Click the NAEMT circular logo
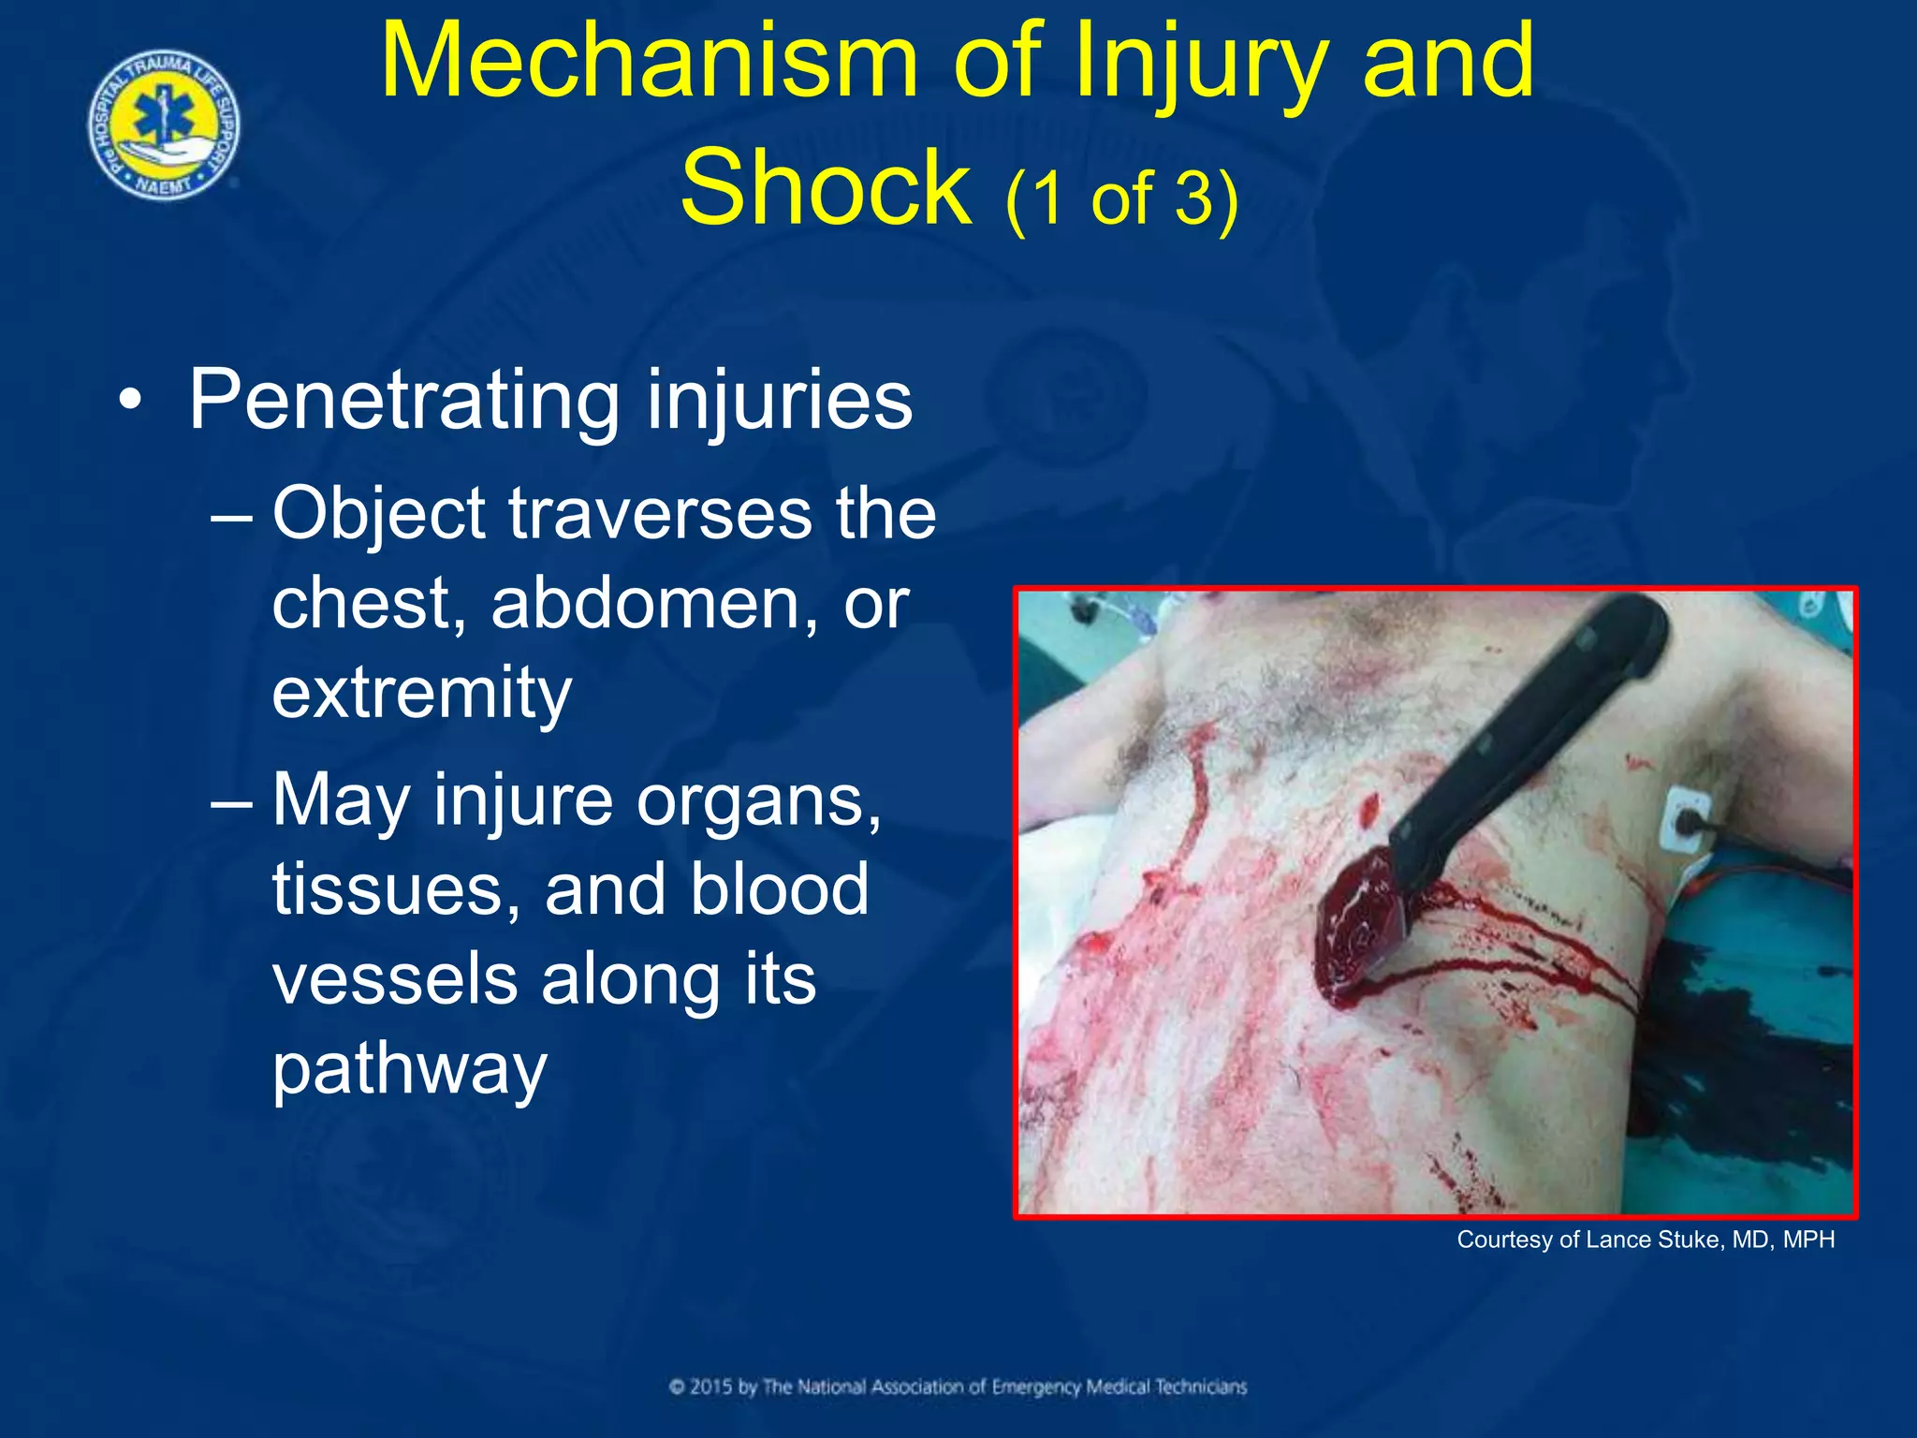pos(164,125)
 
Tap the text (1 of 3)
pos(1120,198)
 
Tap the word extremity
pos(421,694)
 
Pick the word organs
pos(758,801)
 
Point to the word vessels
pos(394,979)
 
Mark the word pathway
pos(409,1069)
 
